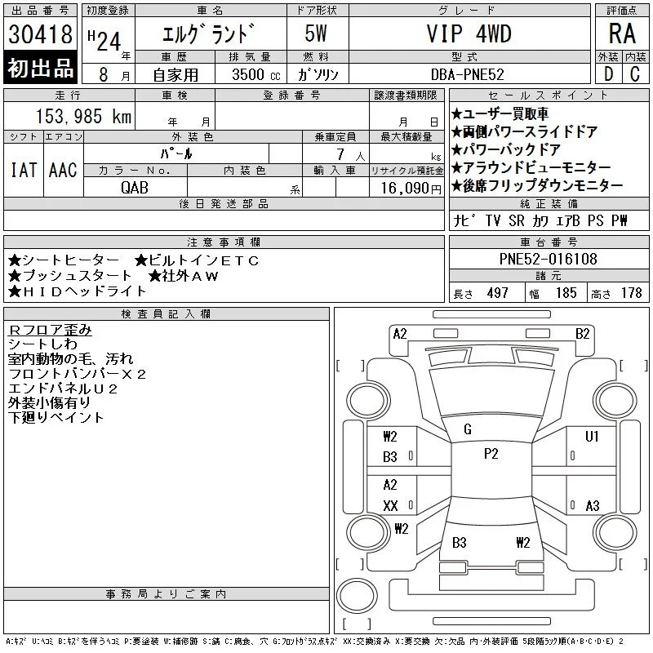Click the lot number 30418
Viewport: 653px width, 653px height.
[x=40, y=34]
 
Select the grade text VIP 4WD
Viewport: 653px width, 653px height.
[x=469, y=33]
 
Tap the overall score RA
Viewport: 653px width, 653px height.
[x=622, y=33]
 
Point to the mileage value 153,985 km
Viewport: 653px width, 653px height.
[x=83, y=116]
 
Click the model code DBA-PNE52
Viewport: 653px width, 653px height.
[x=467, y=74]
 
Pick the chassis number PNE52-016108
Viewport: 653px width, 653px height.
[x=548, y=259]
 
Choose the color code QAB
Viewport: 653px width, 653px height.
[x=135, y=188]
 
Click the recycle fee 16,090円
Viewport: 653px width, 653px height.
[x=411, y=189]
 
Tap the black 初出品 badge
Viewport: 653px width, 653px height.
[x=40, y=68]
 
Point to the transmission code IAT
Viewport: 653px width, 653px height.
[x=24, y=170]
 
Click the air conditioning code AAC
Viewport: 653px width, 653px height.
[x=64, y=170]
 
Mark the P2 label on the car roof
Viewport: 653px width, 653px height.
[x=491, y=454]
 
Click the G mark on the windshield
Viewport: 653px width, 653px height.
[x=468, y=429]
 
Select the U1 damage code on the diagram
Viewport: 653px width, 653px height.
[x=592, y=437]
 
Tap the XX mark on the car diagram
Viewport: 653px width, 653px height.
[x=390, y=505]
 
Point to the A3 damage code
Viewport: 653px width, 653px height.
[x=593, y=505]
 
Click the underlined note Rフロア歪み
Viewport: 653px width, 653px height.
[x=50, y=330]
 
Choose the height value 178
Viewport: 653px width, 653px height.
[x=631, y=293]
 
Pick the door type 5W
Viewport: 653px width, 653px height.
[x=316, y=33]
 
